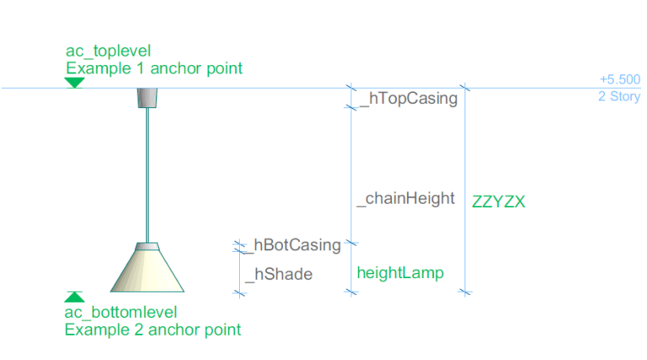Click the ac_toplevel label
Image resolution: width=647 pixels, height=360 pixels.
pyautogui.click(x=108, y=51)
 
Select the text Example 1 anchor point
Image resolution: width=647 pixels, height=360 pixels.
pyautogui.click(x=153, y=68)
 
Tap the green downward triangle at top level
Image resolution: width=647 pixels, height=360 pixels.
pyautogui.click(x=74, y=82)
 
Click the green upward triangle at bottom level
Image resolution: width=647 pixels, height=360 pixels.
pyautogui.click(x=74, y=297)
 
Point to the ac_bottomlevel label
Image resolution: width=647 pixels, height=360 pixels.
pyautogui.click(x=120, y=313)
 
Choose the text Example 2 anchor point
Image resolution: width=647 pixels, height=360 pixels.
pyautogui.click(x=152, y=330)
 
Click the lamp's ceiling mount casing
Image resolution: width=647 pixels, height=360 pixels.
pyautogui.click(x=148, y=97)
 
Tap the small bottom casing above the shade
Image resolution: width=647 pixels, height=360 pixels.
pyautogui.click(x=148, y=246)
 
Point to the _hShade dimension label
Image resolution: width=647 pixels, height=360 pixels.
pyautogui.click(x=279, y=274)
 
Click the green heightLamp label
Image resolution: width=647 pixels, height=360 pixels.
pyautogui.click(x=399, y=273)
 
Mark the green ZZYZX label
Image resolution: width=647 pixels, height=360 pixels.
pyautogui.click(x=499, y=201)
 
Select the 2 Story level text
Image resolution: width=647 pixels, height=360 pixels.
pyautogui.click(x=619, y=96)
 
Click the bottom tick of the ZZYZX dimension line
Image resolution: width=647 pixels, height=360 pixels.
pyautogui.click(x=464, y=292)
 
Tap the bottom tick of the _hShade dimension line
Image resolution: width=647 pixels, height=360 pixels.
pyautogui.click(x=238, y=292)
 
